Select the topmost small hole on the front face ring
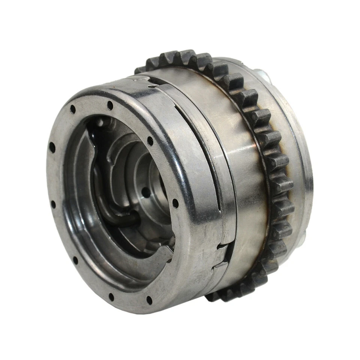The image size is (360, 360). tap(110, 106)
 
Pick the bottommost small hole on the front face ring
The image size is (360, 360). tap(149, 300)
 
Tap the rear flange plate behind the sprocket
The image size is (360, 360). tap(296, 150)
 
